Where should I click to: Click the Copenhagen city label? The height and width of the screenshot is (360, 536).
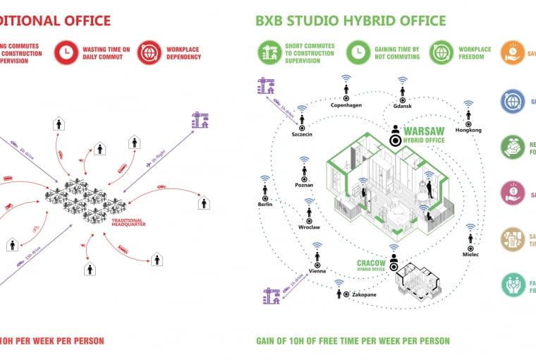coord(346,105)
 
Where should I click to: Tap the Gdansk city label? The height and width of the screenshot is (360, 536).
coord(401,106)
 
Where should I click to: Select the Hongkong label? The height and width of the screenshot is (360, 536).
coord(468,130)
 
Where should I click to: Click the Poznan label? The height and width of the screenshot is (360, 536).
coord(305,185)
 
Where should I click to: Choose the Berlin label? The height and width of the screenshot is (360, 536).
coord(265,204)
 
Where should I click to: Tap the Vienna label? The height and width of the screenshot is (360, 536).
coord(317,271)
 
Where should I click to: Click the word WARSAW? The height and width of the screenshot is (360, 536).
coord(424,131)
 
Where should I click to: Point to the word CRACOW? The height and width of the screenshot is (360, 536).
coord(372,263)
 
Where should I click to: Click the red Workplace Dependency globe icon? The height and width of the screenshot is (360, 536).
coord(150,52)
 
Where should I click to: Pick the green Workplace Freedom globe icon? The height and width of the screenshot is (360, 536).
coord(441,52)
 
